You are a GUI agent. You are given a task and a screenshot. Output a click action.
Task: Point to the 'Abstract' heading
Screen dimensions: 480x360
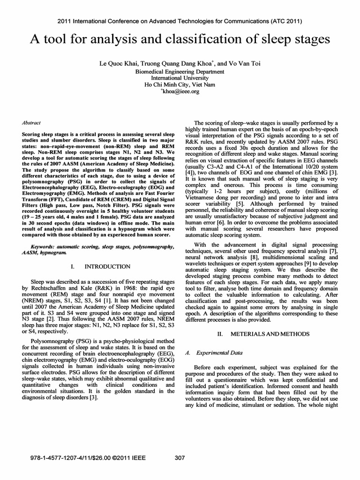[x=31, y=122]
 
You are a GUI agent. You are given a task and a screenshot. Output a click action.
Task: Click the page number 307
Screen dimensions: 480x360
[x=180, y=458]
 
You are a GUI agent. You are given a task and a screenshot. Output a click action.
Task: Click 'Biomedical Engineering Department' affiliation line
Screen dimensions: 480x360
[x=180, y=71]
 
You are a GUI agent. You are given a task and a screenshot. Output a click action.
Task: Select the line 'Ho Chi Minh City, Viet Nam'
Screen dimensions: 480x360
[x=180, y=85]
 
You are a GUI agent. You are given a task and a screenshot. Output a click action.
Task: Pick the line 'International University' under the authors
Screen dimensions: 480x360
[x=180, y=78]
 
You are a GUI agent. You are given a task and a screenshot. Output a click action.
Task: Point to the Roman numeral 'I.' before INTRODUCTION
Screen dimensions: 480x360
[x=73, y=266]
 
